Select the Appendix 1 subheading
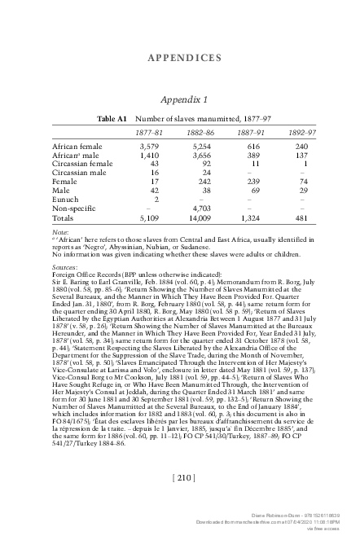[180, 99]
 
